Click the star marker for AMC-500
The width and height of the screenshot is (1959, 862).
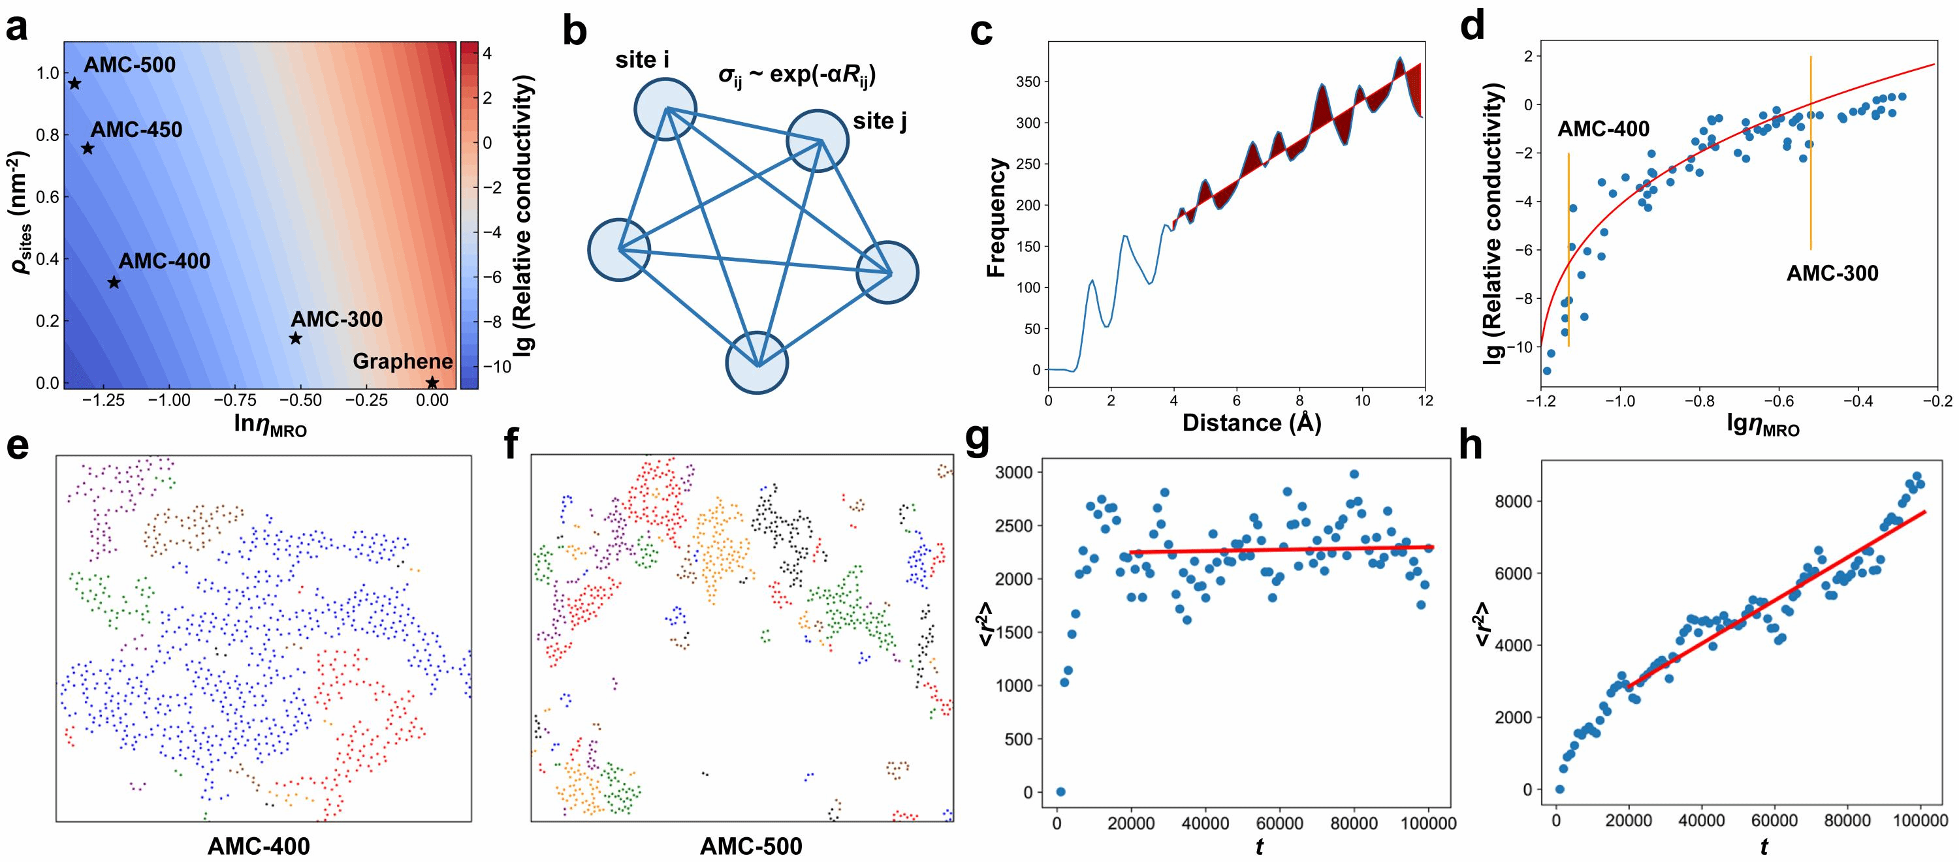tap(74, 83)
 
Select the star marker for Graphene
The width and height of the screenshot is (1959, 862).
tap(432, 382)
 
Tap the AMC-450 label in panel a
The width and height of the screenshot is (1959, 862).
tap(137, 130)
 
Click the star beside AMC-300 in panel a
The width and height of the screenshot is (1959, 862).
tap(296, 338)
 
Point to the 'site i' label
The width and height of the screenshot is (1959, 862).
tap(643, 60)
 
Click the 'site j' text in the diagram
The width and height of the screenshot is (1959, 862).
tap(880, 121)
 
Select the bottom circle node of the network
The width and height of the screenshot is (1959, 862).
tap(757, 363)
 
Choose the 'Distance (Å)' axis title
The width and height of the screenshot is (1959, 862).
tap(1251, 423)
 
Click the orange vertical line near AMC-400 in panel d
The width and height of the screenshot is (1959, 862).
tap(1569, 251)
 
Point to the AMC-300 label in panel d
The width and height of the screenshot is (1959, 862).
tap(1832, 273)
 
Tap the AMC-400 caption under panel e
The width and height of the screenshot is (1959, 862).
tap(259, 846)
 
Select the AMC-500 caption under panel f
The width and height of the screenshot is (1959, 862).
tap(750, 846)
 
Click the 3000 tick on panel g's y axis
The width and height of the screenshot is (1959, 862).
tap(1019, 473)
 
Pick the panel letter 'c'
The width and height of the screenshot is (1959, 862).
tap(981, 32)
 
